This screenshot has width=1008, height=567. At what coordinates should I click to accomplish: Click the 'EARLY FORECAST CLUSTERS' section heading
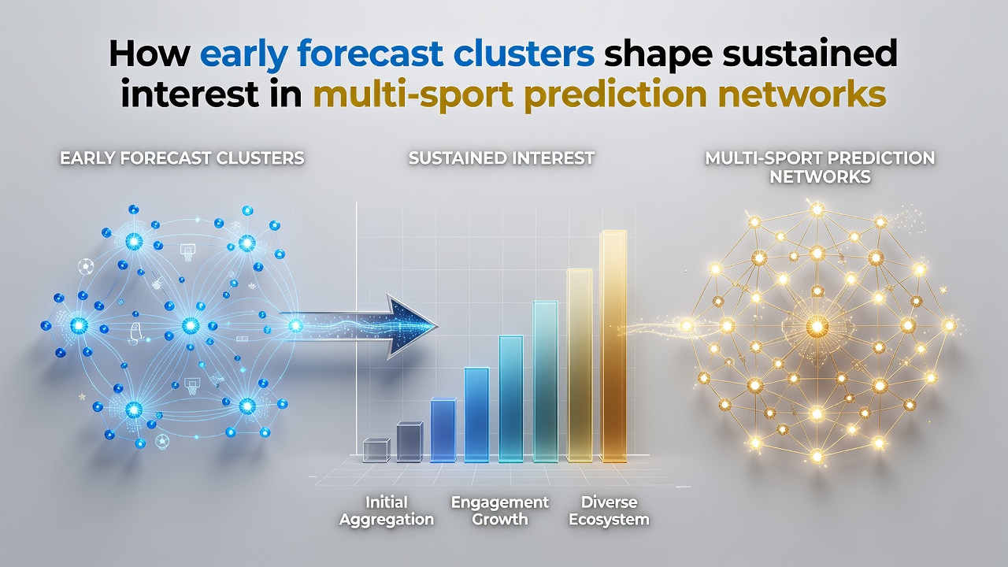182,158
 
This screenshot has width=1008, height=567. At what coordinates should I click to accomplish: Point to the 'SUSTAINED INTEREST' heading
502,158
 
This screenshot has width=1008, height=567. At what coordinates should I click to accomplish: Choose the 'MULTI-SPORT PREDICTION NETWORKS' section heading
820,168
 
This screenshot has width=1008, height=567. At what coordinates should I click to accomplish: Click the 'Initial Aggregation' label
387,511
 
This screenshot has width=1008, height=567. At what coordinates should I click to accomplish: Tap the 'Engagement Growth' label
500,511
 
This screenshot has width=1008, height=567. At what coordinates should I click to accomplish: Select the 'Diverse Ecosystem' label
610,511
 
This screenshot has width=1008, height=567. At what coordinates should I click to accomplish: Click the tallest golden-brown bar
613,346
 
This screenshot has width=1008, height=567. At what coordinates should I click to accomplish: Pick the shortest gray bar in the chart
376,450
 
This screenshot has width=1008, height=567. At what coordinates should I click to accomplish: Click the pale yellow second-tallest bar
579,365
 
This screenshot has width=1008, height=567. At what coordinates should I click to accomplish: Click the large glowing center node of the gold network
817,325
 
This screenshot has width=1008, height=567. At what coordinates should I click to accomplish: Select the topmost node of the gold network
817,209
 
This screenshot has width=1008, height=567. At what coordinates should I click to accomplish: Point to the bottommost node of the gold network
817,456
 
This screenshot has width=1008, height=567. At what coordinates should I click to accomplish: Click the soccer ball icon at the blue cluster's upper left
85,266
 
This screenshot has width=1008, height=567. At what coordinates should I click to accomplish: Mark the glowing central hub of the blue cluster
191,325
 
